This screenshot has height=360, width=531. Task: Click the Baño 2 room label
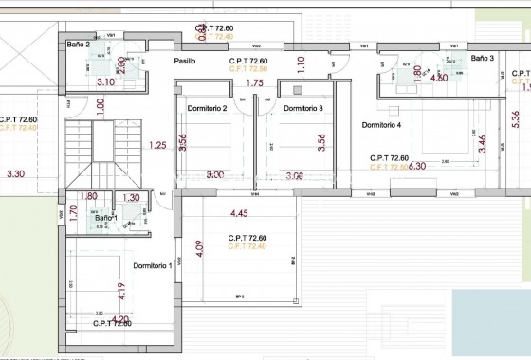click(79, 45)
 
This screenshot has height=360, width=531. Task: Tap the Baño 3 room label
click(484, 58)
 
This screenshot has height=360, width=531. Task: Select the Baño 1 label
click(105, 218)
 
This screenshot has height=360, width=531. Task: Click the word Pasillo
click(185, 61)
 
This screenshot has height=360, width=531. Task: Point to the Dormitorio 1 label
click(152, 265)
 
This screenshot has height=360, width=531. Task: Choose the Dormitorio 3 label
click(303, 108)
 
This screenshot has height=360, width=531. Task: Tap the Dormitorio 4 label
click(382, 125)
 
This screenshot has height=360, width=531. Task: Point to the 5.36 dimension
click(515, 118)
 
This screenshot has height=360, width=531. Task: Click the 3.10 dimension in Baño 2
click(105, 82)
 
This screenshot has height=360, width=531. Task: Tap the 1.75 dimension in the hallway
click(254, 83)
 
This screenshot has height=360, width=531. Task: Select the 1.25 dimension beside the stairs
click(158, 145)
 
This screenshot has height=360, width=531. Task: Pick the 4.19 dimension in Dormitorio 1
click(121, 291)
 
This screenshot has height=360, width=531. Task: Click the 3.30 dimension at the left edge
click(15, 174)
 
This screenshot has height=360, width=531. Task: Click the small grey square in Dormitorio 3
click(299, 90)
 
